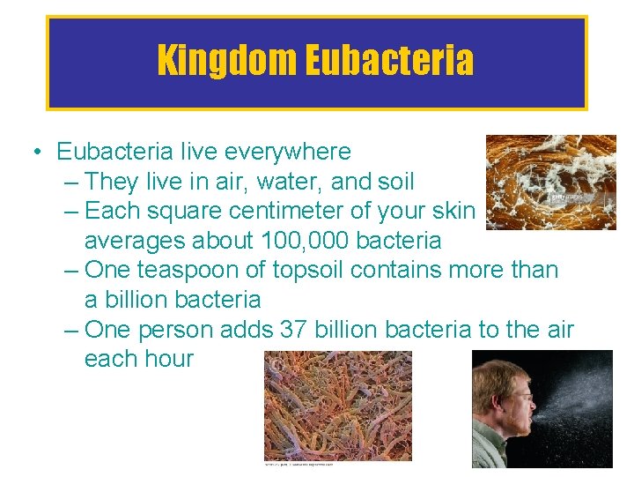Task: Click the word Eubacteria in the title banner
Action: (390, 61)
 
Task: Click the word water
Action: (289, 182)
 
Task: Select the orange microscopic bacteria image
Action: (338, 406)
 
